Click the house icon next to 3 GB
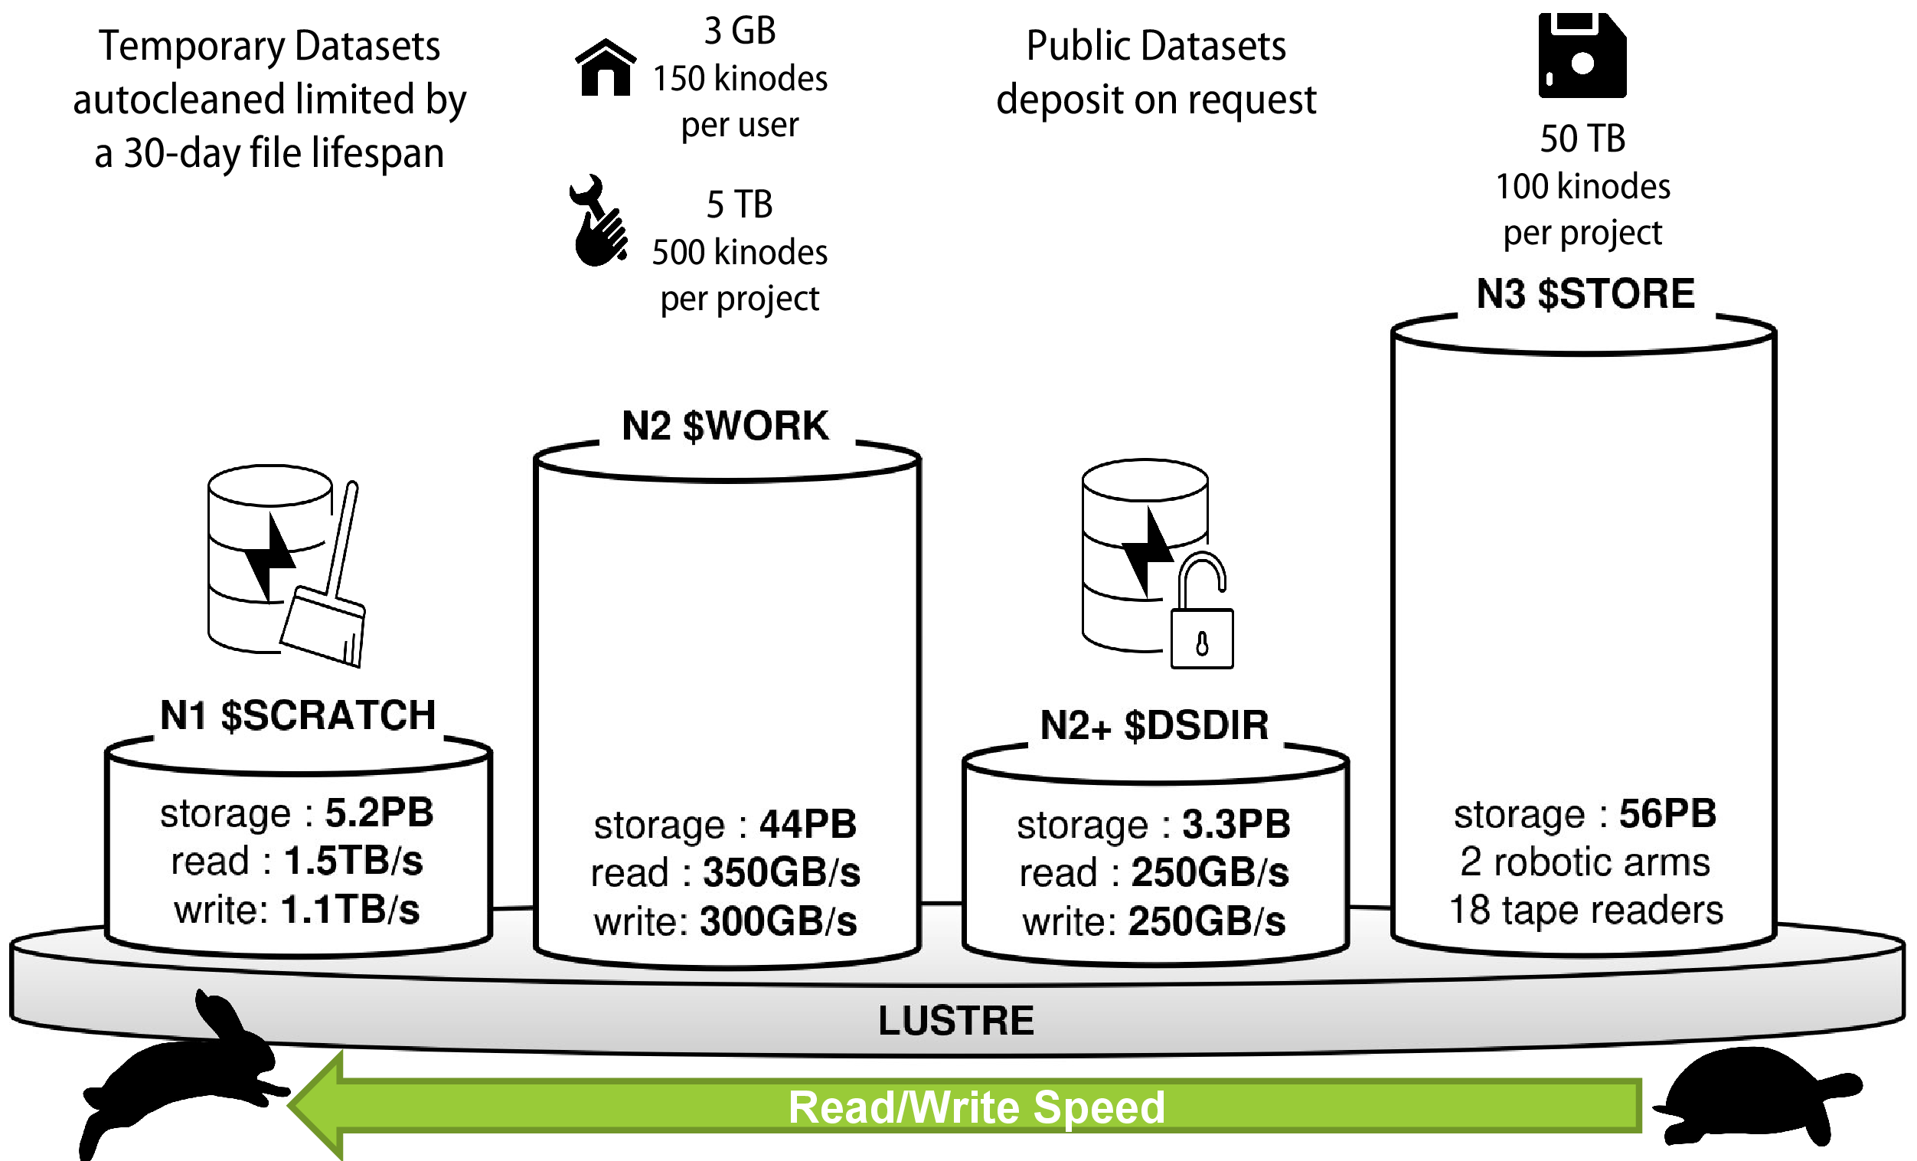[606, 68]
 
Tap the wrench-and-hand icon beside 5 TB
[598, 221]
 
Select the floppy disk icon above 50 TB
[1582, 55]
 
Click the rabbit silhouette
[187, 1074]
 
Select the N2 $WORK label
[725, 427]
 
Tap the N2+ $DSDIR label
[1154, 725]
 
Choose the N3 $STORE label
[1585, 294]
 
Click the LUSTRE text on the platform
[956, 1021]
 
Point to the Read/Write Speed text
[976, 1107]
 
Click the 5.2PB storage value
[379, 813]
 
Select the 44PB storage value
[808, 824]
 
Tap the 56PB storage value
[1667, 814]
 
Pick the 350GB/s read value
[781, 872]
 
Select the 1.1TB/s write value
[350, 910]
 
